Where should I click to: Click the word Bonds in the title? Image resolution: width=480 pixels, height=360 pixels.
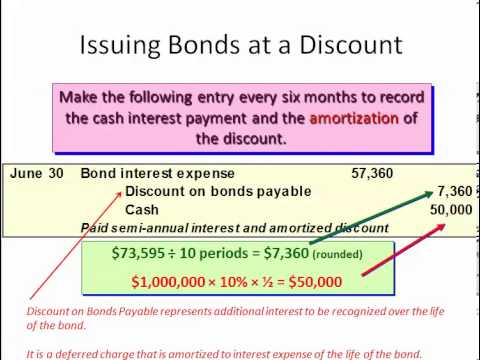point(208,44)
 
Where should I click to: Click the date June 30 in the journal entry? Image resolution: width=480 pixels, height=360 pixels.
point(37,173)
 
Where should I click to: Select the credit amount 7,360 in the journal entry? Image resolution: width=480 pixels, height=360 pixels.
point(454,191)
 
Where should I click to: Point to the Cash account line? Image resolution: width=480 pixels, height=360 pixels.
point(141,210)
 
